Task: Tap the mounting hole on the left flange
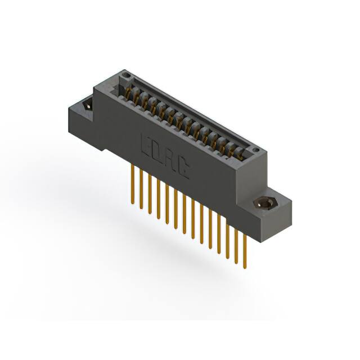click(x=87, y=105)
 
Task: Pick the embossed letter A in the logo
click(x=170, y=160)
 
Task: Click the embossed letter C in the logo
click(x=183, y=169)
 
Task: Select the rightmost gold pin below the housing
click(x=245, y=247)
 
